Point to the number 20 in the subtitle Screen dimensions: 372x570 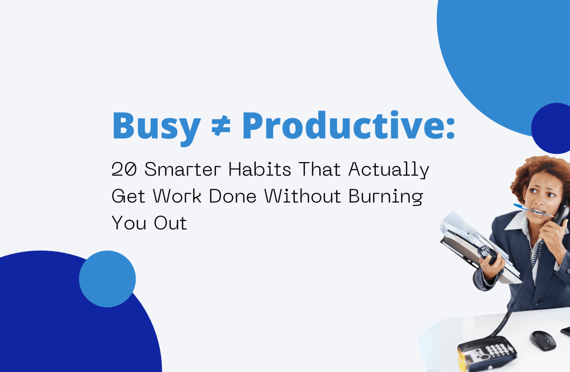[124, 169]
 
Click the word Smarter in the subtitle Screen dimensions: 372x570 [182, 169]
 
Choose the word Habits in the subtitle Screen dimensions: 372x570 [260, 169]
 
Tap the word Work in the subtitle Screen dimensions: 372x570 [177, 196]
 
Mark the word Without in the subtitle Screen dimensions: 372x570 [302, 196]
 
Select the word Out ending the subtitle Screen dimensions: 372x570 [170, 223]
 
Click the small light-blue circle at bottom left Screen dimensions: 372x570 [107, 279]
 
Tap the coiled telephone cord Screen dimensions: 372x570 [521, 288]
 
